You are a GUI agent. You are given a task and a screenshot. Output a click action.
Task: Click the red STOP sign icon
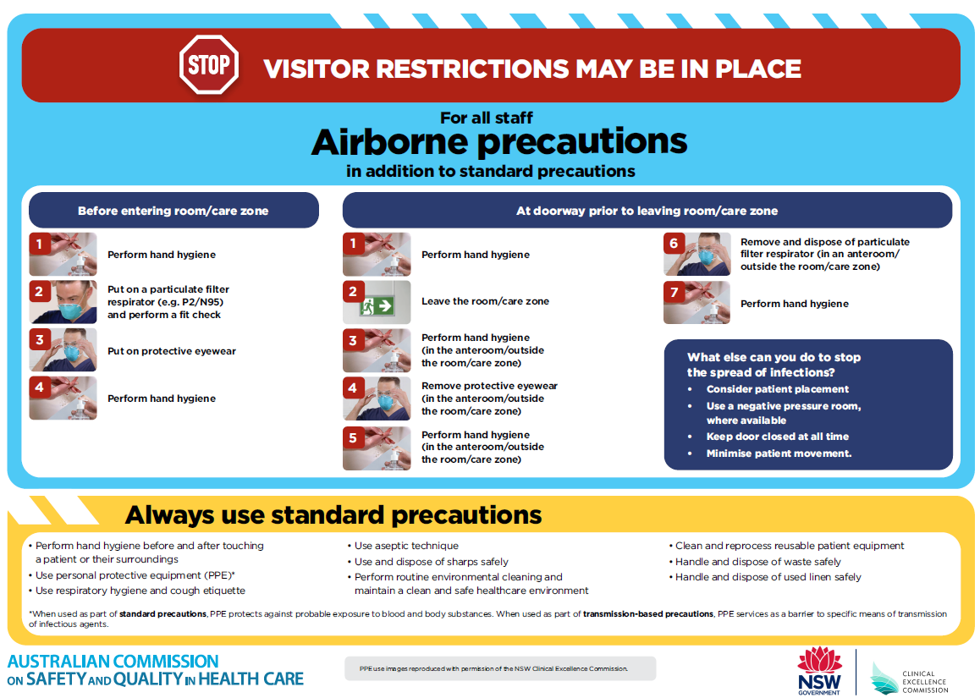click(x=208, y=65)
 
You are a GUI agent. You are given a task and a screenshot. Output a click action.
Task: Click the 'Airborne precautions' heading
click(x=498, y=142)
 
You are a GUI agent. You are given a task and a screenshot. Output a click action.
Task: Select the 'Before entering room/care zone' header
click(x=173, y=211)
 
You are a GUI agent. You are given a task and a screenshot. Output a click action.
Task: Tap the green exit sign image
click(x=377, y=302)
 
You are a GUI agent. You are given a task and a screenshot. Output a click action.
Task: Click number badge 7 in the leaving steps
click(x=674, y=293)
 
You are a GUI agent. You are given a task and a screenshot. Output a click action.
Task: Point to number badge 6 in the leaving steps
click(x=674, y=244)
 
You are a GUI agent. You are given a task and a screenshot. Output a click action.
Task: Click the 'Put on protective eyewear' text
click(x=171, y=351)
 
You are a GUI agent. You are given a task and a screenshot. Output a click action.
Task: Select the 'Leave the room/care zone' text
click(x=485, y=301)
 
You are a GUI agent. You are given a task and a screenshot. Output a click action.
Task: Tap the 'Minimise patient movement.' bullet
click(x=779, y=453)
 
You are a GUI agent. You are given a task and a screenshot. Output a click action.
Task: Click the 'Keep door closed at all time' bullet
click(x=777, y=437)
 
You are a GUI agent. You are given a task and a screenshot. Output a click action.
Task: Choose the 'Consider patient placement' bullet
click(x=777, y=389)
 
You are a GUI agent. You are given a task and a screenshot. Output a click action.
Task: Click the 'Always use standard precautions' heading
click(x=333, y=514)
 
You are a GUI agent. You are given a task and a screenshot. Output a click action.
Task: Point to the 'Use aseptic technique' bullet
click(x=406, y=546)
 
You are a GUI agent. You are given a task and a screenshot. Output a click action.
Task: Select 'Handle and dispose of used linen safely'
click(x=768, y=577)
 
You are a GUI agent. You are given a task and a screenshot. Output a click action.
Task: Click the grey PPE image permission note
click(x=499, y=668)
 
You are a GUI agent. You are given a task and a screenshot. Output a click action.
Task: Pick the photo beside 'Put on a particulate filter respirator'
click(x=63, y=302)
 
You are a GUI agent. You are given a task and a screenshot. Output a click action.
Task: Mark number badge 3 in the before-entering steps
click(x=39, y=340)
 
